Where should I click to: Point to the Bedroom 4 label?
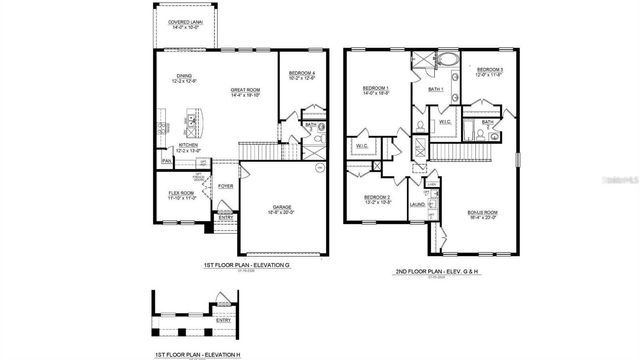click(301, 74)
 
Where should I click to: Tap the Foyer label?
click(226, 185)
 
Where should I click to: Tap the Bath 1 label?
click(435, 89)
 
